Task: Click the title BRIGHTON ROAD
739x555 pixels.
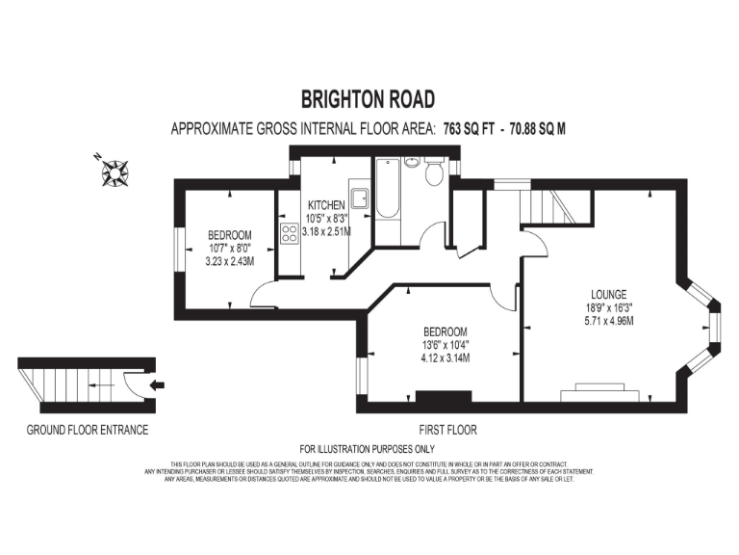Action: pos(368,98)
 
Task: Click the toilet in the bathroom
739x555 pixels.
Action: pos(434,173)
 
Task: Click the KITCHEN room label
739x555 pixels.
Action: pos(326,205)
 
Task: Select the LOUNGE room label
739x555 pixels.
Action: pos(610,295)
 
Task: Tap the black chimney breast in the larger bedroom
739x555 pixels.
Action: pos(444,397)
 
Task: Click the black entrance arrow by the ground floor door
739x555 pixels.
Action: pos(158,385)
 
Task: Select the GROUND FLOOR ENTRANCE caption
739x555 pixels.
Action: pos(88,430)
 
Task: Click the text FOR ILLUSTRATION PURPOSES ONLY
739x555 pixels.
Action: pos(368,449)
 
